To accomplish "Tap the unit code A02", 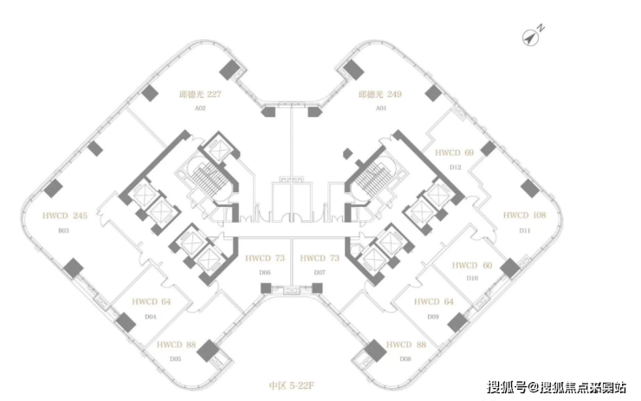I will coord(200,108).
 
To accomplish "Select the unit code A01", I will coord(380,108).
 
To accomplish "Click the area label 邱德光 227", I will coord(200,94).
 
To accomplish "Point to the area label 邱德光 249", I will coord(380,94).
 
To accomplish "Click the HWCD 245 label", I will coord(64,216).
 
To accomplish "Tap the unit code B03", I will coord(63,230).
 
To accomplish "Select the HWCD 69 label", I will coord(455,153).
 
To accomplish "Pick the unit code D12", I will coord(455,166).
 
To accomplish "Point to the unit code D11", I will coord(524,230).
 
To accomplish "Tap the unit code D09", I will coord(434,316).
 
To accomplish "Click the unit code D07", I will coord(320,272).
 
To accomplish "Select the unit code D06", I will coord(264,272).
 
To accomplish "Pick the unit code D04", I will coord(150,316).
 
